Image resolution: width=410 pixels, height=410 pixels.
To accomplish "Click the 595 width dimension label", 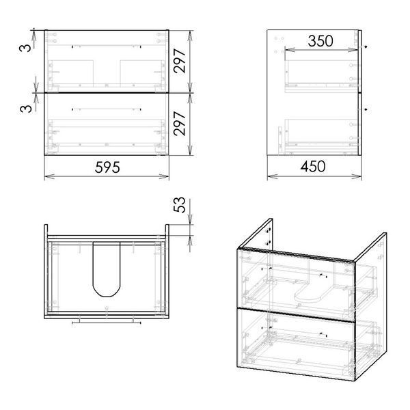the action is click(107, 167).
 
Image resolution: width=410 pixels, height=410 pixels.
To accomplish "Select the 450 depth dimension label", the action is click(313, 167).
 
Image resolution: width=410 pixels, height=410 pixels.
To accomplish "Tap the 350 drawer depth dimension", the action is click(320, 41).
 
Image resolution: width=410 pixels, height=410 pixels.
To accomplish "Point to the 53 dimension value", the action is click(179, 205).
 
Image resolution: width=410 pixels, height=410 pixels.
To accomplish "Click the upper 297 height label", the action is click(180, 61).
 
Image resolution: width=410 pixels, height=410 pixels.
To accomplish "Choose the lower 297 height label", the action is click(180, 124).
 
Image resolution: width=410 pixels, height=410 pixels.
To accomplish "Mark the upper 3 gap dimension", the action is click(25, 48).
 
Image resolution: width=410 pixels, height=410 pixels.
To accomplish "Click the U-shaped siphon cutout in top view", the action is click(107, 269).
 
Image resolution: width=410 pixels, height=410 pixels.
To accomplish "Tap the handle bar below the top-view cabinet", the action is click(107, 323).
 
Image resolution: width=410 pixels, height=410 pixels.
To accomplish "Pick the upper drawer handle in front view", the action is click(107, 46).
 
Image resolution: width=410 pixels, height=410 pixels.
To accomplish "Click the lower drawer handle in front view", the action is click(107, 109).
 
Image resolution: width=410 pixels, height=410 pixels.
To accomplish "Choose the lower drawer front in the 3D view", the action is click(295, 344).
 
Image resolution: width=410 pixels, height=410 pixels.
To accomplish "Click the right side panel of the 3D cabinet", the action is click(370, 306).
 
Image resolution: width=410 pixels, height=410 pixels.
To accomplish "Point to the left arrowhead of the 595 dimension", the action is click(49, 176).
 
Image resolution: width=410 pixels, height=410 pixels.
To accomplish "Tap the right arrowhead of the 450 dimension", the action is click(357, 176).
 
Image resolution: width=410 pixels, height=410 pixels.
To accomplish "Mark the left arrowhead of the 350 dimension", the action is click(290, 49).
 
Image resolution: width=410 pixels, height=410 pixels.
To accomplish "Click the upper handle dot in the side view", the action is click(366, 46).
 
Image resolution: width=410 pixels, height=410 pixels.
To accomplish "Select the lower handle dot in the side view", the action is click(366, 109).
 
